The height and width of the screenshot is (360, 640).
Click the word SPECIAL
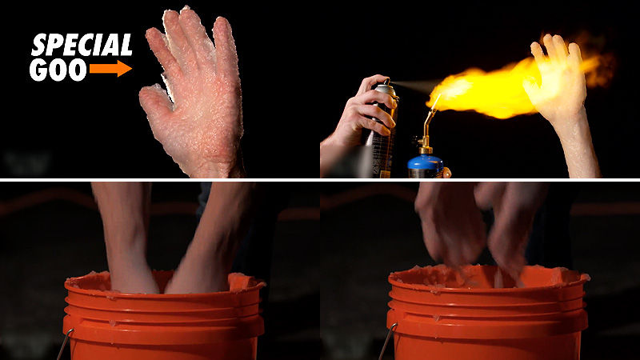coord(82,45)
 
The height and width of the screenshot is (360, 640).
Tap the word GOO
coord(58,70)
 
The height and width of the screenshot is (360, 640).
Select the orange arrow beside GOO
coord(110,68)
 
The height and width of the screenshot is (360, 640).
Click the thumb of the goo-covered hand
coord(156,102)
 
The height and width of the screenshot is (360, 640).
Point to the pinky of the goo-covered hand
coord(158,44)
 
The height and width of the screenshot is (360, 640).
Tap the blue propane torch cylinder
coord(426,166)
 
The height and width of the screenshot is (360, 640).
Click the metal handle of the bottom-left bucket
coord(66,343)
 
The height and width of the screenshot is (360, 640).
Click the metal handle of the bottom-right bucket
coord(388,341)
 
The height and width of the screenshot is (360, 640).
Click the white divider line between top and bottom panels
coord(320,179)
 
